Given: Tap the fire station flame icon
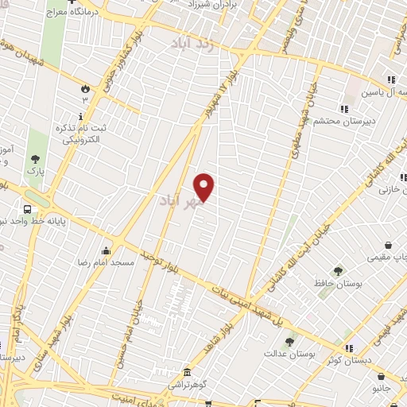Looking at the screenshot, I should click(86, 87).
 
